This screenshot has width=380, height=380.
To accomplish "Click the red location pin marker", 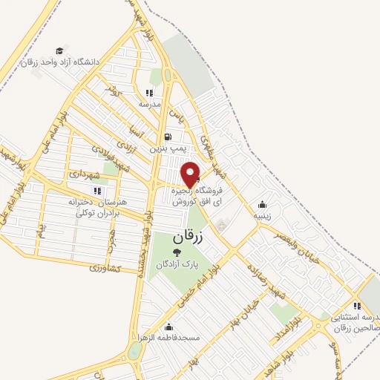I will (191, 175).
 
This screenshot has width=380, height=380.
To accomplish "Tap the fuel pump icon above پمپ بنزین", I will (167, 137).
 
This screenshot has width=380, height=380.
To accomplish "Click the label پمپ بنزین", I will (167, 148).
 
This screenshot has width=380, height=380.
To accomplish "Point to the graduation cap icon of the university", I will (59, 51).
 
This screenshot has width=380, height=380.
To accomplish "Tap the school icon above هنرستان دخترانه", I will (96, 191).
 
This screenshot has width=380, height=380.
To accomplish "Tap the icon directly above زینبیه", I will (262, 205).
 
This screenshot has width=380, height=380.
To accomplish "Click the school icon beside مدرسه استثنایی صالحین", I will (358, 305).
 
